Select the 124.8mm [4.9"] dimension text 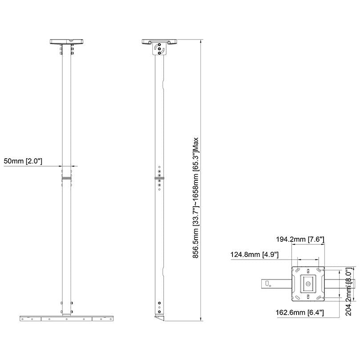[x=255, y=254]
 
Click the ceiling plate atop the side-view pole [x=159, y=42]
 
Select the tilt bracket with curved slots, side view [x=159, y=50]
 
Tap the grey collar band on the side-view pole [x=159, y=178]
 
